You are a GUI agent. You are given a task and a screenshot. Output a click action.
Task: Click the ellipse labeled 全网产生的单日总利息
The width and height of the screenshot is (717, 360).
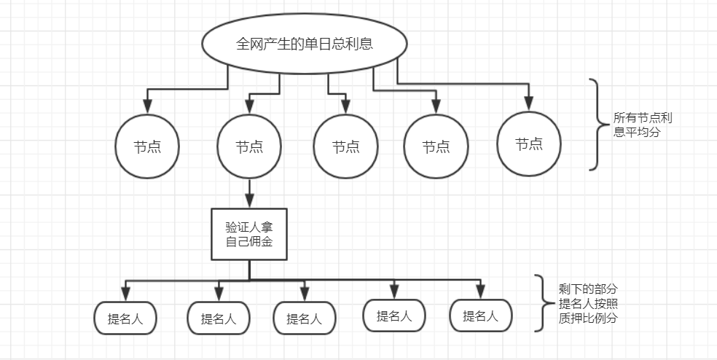click(x=305, y=44)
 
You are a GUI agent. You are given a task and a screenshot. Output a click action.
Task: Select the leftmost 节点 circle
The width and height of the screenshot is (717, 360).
click(x=147, y=146)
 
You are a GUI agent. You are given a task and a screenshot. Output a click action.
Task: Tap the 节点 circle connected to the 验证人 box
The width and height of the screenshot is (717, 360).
click(x=249, y=146)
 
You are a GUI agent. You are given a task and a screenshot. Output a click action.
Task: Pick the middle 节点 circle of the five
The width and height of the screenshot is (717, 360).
click(x=345, y=146)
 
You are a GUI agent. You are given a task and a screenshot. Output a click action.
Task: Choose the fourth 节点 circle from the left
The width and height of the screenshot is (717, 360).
click(x=436, y=147)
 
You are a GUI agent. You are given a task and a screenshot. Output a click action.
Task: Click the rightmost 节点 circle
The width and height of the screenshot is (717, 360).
click(x=529, y=144)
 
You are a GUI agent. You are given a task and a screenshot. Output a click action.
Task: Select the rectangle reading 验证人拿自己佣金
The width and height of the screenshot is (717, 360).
click(x=249, y=234)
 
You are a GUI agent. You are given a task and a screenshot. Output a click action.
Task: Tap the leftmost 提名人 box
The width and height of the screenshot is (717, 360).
click(x=125, y=318)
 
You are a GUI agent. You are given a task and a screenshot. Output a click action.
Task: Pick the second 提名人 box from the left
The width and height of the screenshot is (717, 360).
click(x=219, y=318)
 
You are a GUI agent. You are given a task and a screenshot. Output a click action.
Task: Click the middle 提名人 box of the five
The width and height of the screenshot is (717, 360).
click(x=304, y=318)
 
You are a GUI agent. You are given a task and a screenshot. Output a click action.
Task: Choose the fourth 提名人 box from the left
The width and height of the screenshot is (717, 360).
click(x=394, y=316)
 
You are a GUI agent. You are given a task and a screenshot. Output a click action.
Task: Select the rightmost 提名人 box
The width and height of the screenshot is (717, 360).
click(x=480, y=316)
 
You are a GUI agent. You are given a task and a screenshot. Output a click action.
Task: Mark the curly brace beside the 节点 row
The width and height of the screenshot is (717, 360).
click(x=597, y=125)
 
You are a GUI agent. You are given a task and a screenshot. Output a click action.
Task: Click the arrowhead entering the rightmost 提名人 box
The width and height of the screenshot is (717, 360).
click(x=480, y=292)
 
